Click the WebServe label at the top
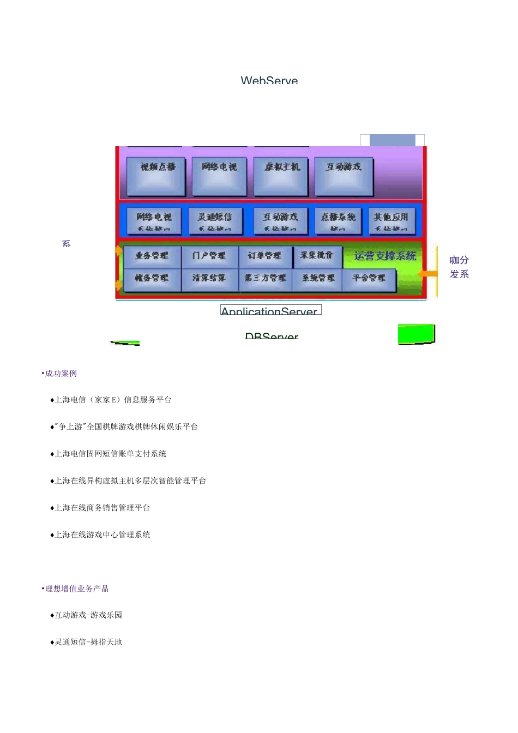tap(269, 80)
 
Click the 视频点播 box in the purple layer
tap(156, 176)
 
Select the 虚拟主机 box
tap(281, 176)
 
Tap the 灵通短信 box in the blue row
tap(215, 220)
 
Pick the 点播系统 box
tap(338, 220)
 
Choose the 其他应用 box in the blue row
tap(391, 220)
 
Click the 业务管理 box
tap(152, 256)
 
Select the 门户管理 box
tap(209, 256)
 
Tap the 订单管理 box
tap(265, 256)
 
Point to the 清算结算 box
tap(209, 279)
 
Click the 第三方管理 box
tap(265, 279)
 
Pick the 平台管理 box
tap(369, 279)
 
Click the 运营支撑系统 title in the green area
tap(385, 256)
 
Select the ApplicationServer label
tap(270, 311)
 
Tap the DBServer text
tap(272, 337)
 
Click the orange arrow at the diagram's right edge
tap(430, 273)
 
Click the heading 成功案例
tap(61, 374)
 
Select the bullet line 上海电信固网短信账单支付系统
tap(110, 454)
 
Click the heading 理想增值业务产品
tap(76, 589)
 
